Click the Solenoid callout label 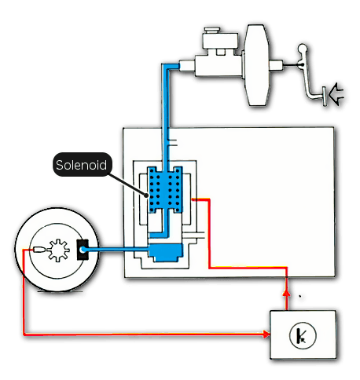[x=82, y=165]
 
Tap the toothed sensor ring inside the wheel [x=59, y=250]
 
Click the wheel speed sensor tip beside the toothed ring [x=39, y=250]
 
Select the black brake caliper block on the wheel [x=83, y=250]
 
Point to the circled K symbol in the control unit [x=303, y=335]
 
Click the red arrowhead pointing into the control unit [x=266, y=334]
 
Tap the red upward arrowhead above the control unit [x=287, y=292]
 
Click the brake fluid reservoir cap [x=212, y=30]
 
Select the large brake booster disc [x=256, y=65]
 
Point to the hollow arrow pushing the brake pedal [x=336, y=94]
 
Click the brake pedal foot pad [x=325, y=96]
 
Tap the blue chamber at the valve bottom [x=166, y=253]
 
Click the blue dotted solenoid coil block [x=165, y=190]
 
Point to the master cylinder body [x=219, y=66]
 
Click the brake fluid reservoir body [x=220, y=42]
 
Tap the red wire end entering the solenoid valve [x=194, y=199]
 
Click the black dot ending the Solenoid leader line [x=146, y=195]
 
